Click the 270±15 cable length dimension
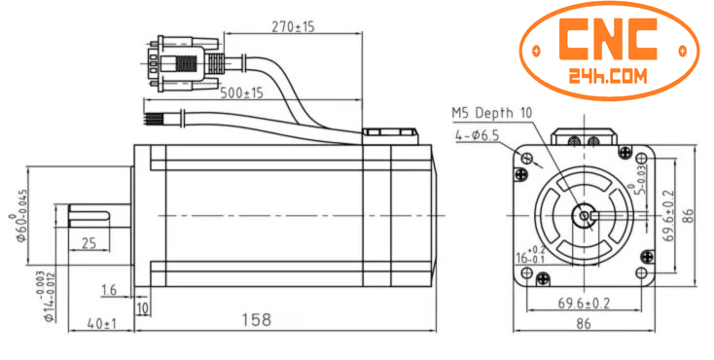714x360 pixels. click(x=292, y=26)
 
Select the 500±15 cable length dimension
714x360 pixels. click(x=242, y=93)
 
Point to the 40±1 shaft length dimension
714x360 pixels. click(x=102, y=323)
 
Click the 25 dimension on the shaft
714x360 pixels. click(x=89, y=243)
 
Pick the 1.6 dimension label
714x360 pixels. click(x=108, y=290)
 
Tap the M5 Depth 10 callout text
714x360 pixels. click(x=492, y=113)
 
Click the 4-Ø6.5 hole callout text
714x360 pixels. click(x=476, y=136)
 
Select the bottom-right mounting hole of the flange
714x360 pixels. click(x=646, y=274)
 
